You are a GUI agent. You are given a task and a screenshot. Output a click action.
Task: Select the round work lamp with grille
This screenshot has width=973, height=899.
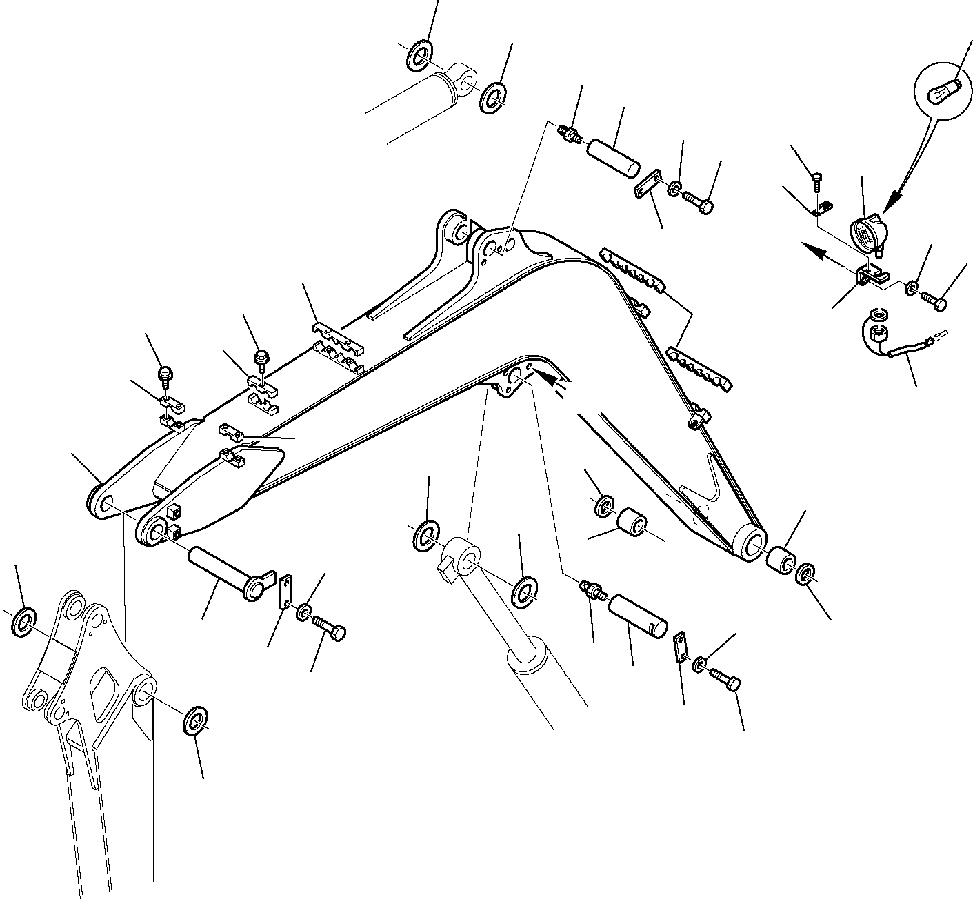click(x=867, y=232)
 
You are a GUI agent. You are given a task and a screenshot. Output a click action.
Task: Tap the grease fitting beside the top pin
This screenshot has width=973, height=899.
click(x=570, y=133)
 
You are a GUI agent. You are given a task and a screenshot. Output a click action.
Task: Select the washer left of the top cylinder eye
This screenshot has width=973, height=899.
click(x=418, y=56)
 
